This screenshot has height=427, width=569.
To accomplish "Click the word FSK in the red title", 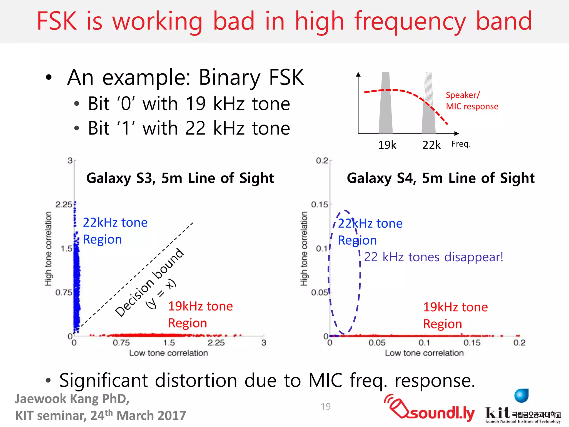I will (57, 21).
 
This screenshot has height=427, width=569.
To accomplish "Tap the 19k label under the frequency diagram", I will (387, 145).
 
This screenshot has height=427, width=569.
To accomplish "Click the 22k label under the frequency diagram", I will (431, 145).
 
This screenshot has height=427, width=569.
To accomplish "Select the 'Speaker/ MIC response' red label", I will (472, 101).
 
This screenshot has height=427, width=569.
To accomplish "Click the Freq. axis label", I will (461, 144).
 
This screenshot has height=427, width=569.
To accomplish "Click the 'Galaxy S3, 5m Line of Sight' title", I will (180, 178).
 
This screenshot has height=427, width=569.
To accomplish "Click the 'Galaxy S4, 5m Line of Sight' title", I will (441, 178).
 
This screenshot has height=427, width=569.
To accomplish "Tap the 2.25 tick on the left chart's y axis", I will (64, 205).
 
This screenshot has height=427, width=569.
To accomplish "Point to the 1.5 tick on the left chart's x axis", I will (169, 343).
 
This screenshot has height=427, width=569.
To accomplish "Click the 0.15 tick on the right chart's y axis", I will (320, 205).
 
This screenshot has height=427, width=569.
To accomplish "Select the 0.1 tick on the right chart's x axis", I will (424, 343).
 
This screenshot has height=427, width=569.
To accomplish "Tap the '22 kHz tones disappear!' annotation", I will (433, 257).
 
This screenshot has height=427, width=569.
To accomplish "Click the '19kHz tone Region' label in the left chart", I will (200, 314).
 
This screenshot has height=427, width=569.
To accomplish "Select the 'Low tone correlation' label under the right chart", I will (424, 353).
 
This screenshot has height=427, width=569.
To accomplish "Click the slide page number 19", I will (326, 407).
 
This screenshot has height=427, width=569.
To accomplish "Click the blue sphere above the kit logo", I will (521, 396).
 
